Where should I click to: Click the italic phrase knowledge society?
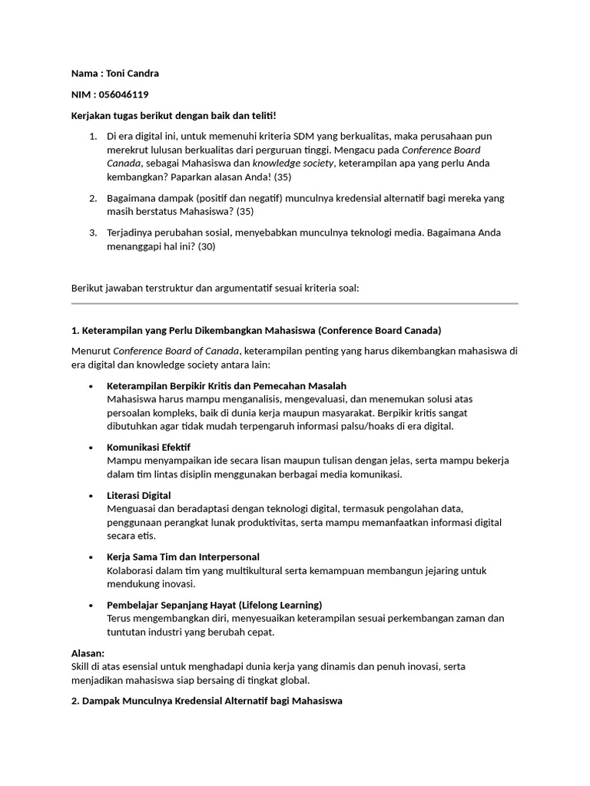293,163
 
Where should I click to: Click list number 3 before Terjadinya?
92,233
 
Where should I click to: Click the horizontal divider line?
294,304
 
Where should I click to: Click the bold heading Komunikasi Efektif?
149,447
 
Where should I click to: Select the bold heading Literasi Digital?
139,495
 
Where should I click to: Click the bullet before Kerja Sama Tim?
91,557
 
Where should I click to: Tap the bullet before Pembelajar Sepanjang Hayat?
91,605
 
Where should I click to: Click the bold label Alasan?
88,652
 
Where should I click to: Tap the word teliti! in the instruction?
259,115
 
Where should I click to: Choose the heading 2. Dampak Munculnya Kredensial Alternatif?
206,700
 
